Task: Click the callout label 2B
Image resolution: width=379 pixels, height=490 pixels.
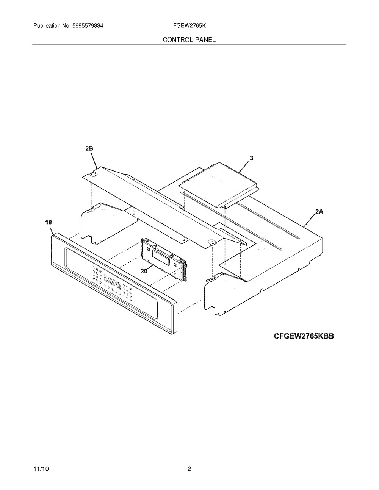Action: [x=89, y=148]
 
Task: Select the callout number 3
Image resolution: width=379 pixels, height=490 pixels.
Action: [x=252, y=158]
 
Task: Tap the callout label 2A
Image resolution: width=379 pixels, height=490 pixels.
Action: [x=319, y=212]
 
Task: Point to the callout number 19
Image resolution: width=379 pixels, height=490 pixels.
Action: [x=49, y=222]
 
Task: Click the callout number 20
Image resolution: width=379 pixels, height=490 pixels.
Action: [x=144, y=271]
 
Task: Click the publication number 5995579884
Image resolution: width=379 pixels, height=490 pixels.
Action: [x=88, y=26]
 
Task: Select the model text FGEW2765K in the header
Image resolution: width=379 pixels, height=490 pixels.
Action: [x=189, y=26]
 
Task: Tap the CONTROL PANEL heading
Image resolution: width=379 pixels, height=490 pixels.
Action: [x=189, y=40]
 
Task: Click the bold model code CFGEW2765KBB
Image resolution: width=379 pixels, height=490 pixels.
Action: [x=304, y=342]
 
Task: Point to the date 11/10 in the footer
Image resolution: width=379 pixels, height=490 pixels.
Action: [x=41, y=462]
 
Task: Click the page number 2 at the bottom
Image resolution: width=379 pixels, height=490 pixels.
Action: [x=189, y=462]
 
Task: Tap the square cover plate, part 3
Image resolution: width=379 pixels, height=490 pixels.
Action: [x=219, y=185]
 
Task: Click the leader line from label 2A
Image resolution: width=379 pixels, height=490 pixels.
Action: [x=309, y=220]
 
